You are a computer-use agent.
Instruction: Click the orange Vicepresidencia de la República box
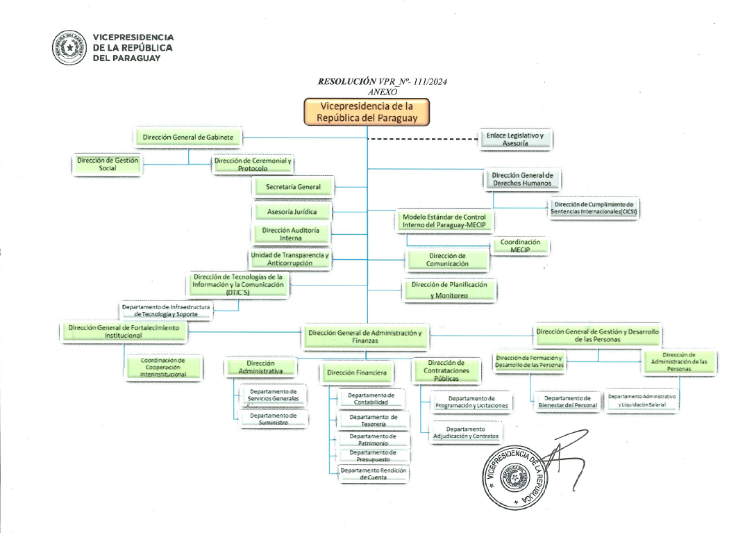(367, 112)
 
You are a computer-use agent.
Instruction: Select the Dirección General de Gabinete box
(187, 137)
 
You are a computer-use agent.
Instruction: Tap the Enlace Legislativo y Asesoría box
(515, 139)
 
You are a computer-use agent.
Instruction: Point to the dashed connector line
(423, 139)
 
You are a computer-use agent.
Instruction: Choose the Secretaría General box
(293, 187)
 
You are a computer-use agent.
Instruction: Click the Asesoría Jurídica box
(292, 211)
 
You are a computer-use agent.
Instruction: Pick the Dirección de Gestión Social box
(107, 164)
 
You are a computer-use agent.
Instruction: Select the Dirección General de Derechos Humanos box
(522, 179)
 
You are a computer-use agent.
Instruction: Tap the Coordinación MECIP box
(520, 245)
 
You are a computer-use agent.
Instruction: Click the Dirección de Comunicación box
(447, 260)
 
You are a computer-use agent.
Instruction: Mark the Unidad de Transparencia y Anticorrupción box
(290, 259)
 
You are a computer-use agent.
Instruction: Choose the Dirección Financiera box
(357, 372)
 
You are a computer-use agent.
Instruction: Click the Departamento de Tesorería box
(373, 420)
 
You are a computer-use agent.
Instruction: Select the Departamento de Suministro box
(273, 418)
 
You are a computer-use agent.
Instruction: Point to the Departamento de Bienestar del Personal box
(567, 402)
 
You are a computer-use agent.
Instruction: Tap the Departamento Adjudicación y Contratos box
(465, 432)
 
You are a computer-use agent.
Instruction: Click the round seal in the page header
(69, 47)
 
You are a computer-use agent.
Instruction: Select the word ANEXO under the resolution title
(383, 92)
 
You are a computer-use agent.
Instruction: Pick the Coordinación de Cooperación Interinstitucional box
(163, 368)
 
